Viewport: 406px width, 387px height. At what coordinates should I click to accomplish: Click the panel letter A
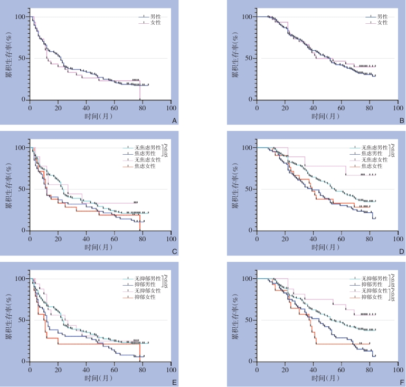pyautogui.click(x=174, y=121)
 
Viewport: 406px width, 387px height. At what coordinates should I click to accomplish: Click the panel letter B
pyautogui.click(x=401, y=121)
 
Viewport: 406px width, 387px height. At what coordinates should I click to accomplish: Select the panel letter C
pyautogui.click(x=174, y=252)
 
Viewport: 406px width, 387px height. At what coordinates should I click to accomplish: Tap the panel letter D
pyautogui.click(x=401, y=252)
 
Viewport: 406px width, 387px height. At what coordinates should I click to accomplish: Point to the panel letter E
pyautogui.click(x=174, y=382)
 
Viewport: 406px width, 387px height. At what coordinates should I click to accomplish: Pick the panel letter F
pyautogui.click(x=401, y=382)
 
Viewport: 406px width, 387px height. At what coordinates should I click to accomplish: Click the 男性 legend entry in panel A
pyautogui.click(x=156, y=17)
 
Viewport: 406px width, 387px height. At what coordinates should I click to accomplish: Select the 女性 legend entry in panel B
pyautogui.click(x=382, y=23)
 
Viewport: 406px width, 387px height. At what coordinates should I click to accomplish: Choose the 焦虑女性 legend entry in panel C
pyautogui.click(x=150, y=167)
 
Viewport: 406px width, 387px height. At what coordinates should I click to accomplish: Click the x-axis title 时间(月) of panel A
pyautogui.click(x=100, y=116)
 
